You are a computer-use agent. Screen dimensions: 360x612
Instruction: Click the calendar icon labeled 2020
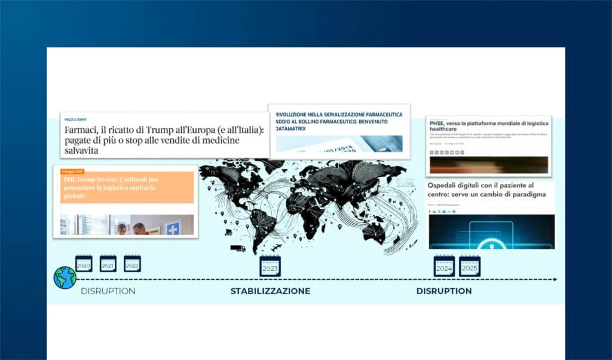tap(84, 264)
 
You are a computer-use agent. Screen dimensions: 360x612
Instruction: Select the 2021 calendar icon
tap(108, 264)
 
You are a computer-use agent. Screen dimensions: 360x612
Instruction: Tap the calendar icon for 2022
tap(132, 264)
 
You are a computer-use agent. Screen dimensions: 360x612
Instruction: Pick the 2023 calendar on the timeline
tap(270, 266)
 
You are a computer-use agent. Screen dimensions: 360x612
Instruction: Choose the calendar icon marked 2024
tap(444, 266)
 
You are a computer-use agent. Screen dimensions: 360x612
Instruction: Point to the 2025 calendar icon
tap(470, 266)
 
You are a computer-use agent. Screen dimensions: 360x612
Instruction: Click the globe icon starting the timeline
tap(65, 278)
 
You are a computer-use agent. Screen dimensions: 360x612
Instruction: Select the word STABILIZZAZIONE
tap(270, 291)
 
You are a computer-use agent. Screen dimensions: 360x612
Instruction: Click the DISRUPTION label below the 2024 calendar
tap(444, 291)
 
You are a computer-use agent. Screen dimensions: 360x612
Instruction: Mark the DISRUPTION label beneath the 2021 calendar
tap(108, 291)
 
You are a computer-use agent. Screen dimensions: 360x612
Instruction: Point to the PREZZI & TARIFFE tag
tap(76, 120)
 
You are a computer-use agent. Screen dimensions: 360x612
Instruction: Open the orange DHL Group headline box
tap(126, 187)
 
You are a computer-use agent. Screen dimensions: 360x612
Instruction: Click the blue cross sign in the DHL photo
tap(173, 227)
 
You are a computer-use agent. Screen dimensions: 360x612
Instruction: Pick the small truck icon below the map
tap(238, 248)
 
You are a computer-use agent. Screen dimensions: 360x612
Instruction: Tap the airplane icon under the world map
tap(276, 248)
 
